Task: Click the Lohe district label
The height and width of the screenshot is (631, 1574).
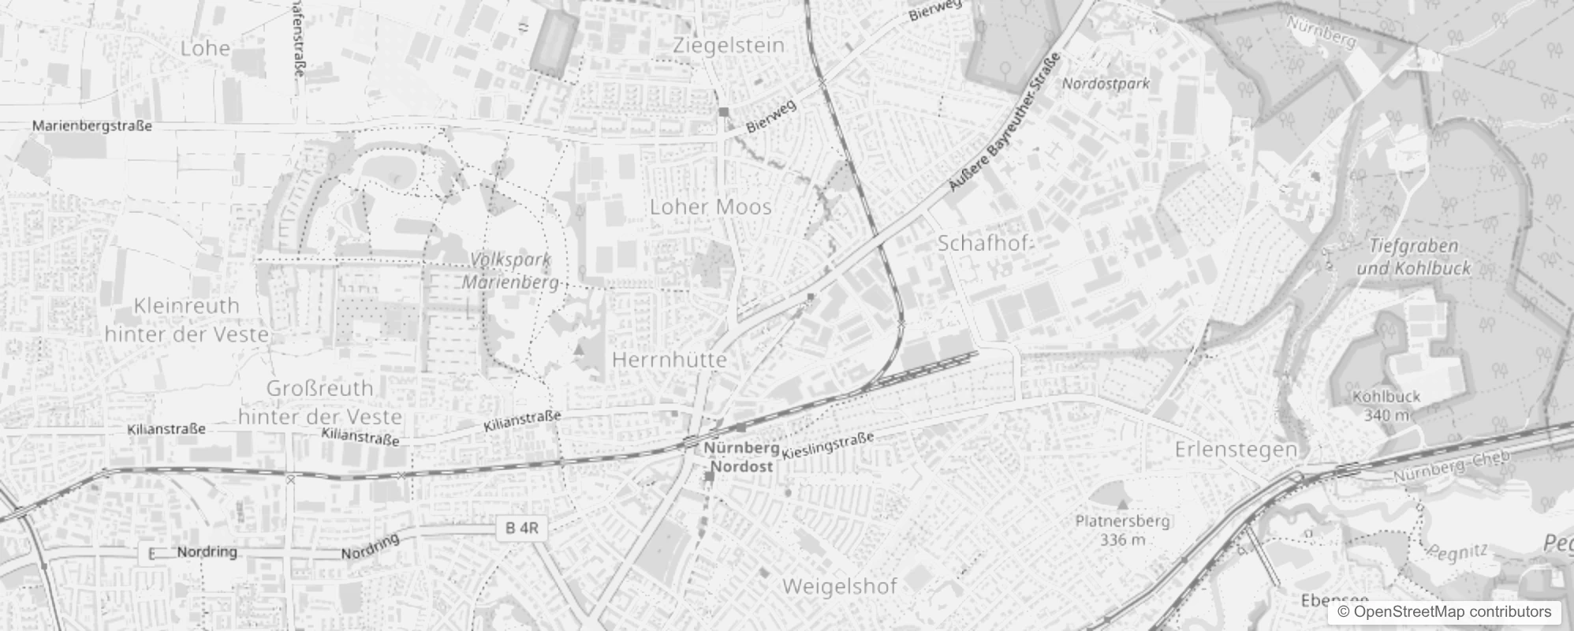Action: (205, 48)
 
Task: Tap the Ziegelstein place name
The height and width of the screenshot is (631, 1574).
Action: (729, 45)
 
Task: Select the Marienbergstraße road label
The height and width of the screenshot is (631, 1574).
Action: (91, 125)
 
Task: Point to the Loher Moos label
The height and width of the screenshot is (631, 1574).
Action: (710, 207)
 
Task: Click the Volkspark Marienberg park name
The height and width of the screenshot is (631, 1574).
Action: (510, 271)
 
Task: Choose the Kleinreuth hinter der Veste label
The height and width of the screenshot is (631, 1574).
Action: (187, 319)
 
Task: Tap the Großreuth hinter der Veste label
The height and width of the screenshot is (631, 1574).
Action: (320, 402)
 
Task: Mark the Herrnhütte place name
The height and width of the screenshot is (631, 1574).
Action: (669, 360)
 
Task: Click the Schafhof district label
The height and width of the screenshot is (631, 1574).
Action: (983, 243)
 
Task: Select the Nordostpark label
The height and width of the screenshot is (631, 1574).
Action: (1106, 83)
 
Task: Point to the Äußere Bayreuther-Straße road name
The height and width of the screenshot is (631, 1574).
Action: (1005, 123)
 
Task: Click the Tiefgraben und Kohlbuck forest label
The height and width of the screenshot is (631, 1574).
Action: (1413, 256)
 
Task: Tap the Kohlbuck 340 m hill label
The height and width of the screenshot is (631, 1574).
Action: (1386, 405)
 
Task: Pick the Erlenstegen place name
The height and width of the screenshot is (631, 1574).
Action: (1236, 450)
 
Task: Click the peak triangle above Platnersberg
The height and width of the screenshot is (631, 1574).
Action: (1123, 502)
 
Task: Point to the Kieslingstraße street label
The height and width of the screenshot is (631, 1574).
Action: (827, 446)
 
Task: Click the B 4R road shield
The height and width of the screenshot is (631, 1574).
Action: (522, 528)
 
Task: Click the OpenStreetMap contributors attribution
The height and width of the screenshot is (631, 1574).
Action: (1444, 612)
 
